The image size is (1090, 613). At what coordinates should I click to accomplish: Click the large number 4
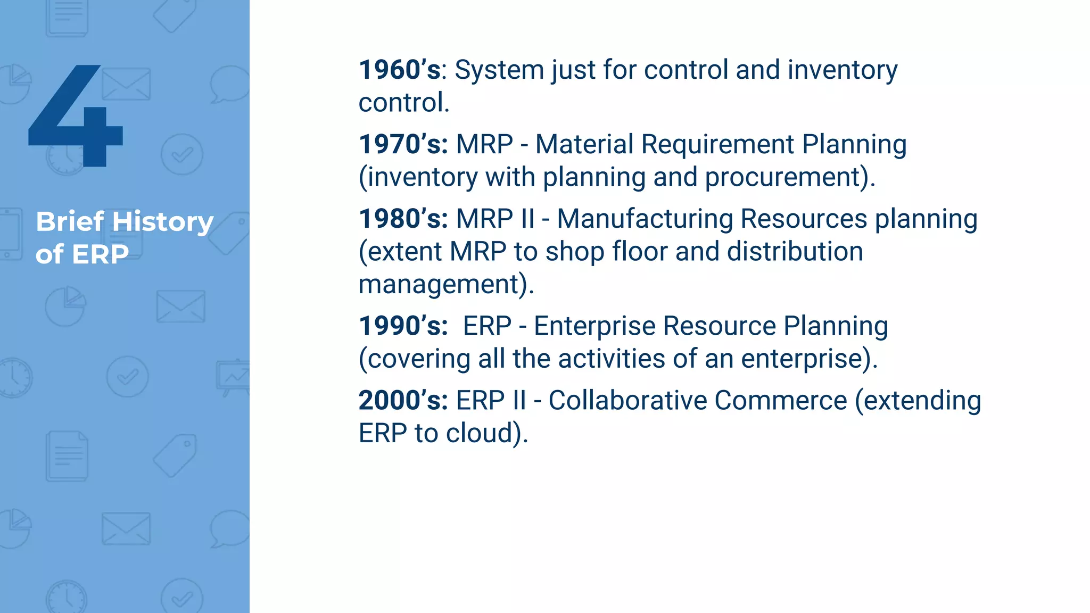76,117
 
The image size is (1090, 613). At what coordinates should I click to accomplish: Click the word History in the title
162,222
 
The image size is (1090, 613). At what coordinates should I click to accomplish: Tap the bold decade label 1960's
400,70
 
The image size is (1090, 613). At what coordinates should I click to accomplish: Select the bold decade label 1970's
403,145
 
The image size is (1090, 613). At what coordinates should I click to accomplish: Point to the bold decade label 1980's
403,219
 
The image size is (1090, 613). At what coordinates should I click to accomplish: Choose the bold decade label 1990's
403,326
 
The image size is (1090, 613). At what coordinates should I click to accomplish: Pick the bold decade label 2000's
403,401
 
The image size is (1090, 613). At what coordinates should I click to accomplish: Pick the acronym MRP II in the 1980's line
495,219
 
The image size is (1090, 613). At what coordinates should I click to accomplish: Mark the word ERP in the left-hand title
100,254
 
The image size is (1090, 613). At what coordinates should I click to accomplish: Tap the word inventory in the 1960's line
842,70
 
